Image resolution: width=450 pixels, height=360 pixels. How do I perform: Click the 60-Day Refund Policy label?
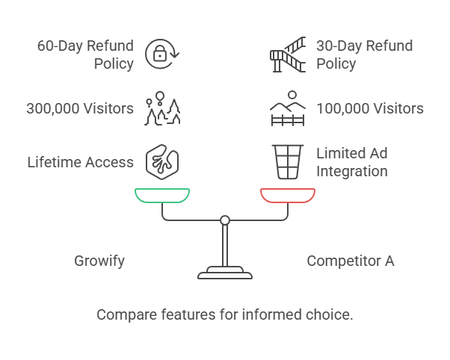point(85,55)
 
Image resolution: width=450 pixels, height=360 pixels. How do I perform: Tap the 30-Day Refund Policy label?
point(364,55)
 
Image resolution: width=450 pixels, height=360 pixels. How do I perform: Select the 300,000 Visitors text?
point(80,108)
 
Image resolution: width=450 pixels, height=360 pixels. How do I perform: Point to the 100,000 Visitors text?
point(370,108)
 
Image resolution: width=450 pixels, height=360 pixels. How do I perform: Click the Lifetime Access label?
point(81,162)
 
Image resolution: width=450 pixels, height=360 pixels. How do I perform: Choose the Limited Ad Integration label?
point(352,162)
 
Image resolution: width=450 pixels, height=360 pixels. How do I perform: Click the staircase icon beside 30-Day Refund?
point(288,54)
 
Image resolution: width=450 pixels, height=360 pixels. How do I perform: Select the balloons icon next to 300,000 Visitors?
point(162,108)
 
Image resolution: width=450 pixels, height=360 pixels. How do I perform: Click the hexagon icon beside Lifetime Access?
point(162,161)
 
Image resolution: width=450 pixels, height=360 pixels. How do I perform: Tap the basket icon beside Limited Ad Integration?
point(288,161)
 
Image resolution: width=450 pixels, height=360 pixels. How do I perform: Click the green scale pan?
point(162,196)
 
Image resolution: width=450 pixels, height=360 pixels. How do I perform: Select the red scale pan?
point(288,196)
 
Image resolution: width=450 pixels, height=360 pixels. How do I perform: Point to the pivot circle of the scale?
point(225,220)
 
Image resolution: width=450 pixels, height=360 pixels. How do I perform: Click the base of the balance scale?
point(225,273)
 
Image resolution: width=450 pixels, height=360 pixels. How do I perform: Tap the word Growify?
point(99,261)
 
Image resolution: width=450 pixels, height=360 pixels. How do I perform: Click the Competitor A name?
point(351,261)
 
